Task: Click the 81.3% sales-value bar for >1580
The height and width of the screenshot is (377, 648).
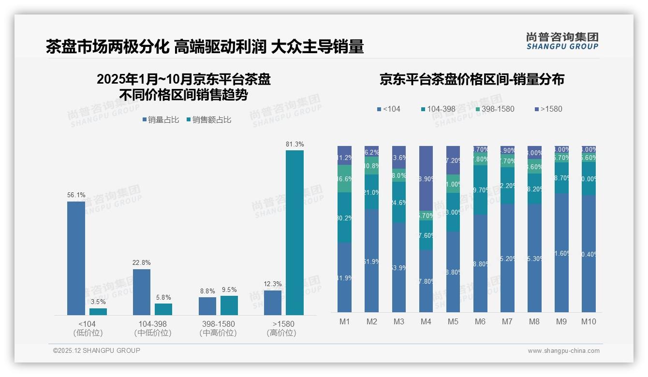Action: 295,232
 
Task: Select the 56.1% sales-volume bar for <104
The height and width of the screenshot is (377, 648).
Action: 76,258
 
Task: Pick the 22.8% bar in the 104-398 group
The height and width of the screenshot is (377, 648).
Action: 141,292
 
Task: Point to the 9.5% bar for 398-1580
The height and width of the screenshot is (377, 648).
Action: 229,305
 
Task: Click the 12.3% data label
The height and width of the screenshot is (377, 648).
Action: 273,284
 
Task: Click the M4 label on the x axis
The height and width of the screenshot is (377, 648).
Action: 426,321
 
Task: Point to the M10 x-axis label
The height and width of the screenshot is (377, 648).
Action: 588,321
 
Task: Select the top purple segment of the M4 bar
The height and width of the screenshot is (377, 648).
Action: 426,179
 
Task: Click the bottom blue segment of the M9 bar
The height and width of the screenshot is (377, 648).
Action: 561,252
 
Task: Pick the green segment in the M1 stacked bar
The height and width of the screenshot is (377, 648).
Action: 344,179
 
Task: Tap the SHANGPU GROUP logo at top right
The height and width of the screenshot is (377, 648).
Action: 562,41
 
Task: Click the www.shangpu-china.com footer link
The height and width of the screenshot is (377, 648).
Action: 563,351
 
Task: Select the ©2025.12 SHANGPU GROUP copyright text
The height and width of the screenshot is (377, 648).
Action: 97,350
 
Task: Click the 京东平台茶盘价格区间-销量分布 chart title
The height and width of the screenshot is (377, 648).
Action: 471,80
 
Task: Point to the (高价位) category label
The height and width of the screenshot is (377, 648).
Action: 281,333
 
